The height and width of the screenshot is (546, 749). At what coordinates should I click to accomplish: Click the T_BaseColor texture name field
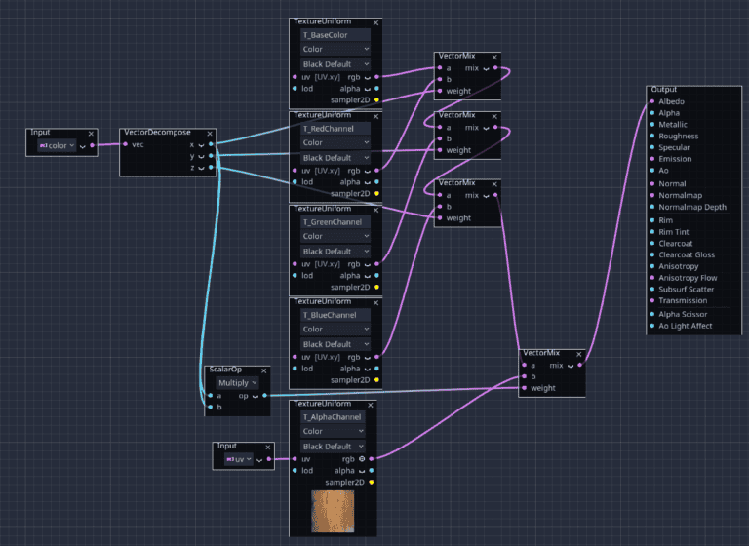point(335,35)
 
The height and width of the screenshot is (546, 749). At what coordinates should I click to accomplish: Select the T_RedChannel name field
point(335,129)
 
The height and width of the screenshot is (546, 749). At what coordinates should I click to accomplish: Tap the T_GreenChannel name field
point(335,222)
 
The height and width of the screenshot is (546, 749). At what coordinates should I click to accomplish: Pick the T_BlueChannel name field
point(335,315)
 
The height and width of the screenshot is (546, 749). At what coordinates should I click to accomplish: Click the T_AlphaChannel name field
point(333,417)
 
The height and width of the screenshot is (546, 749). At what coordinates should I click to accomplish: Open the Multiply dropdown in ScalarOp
point(237,382)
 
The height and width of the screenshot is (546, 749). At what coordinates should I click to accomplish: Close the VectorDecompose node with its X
point(210,134)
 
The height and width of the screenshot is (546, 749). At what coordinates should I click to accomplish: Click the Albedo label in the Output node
point(671,101)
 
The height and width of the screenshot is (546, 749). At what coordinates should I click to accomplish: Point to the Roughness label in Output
point(679,136)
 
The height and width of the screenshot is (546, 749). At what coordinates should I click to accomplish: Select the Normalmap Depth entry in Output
point(692,207)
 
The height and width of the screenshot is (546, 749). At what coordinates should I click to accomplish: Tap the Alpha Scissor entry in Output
point(683,314)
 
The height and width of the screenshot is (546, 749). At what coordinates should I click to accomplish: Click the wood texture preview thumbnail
point(333,511)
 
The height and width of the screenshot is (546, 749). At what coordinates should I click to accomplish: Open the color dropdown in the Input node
point(57,145)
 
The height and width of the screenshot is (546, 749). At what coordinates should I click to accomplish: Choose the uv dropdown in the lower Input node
point(239,459)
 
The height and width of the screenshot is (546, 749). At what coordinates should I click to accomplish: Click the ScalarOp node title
point(225,370)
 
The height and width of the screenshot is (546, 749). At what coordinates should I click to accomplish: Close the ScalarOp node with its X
point(263,370)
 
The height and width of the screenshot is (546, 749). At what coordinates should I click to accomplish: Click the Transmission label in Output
point(683,300)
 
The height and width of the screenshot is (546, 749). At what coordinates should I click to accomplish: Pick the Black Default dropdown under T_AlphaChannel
point(333,447)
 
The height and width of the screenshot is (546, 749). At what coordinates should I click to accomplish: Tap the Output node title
point(664,90)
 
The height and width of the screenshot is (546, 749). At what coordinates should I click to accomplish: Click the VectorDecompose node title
point(157,132)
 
